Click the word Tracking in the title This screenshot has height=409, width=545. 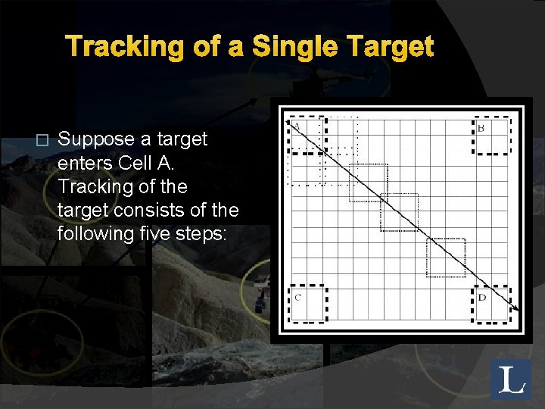coord(118,47)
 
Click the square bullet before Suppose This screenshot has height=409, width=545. coord(42,140)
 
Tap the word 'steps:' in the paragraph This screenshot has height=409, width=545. coord(203,233)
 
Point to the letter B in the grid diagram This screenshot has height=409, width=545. coord(481,128)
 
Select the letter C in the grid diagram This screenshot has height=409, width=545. coord(297,297)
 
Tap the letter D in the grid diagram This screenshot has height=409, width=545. coord(481,297)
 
